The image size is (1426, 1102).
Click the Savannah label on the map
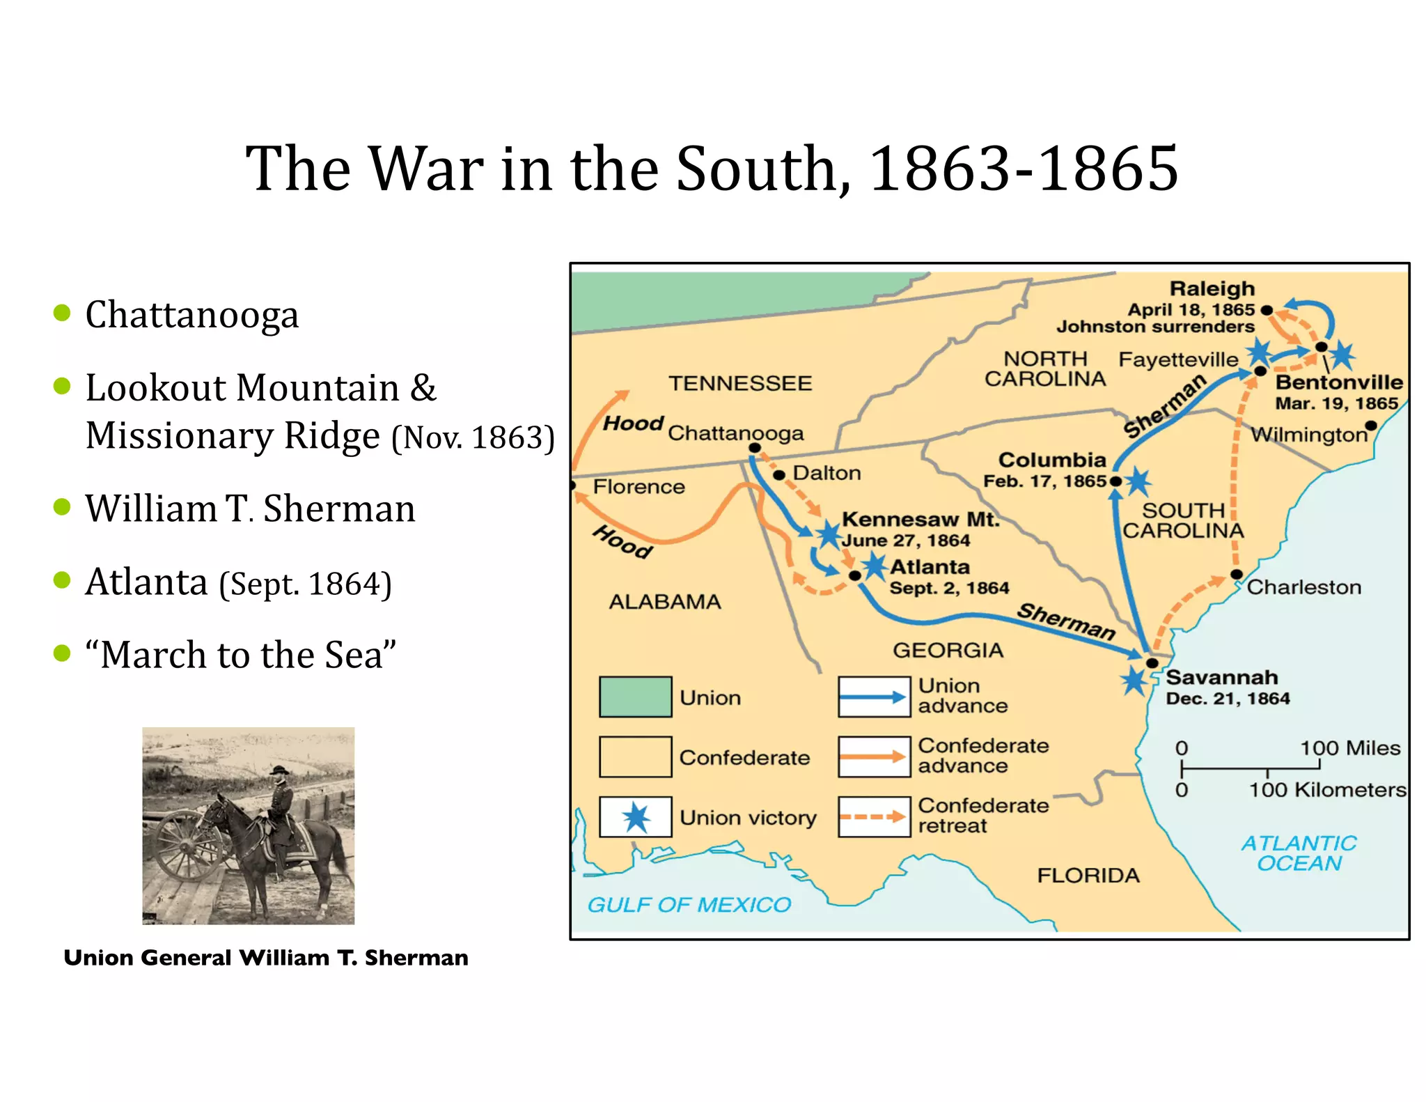1221,677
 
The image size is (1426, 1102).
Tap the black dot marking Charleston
1237,575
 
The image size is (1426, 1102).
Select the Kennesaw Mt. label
920,520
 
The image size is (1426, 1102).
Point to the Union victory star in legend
636,817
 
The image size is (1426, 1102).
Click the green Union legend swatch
636,697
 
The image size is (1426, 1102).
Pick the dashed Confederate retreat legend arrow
874,817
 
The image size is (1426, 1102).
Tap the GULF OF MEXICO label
689,905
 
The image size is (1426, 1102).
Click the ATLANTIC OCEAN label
1299,853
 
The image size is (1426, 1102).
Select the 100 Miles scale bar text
1349,748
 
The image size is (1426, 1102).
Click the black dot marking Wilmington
1370,426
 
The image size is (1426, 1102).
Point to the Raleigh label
1212,289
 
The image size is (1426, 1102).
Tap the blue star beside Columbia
1138,481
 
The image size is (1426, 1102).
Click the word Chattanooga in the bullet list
192,315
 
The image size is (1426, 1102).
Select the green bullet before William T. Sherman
62,506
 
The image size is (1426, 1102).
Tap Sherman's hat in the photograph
280,771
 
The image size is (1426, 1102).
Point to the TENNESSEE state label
740,383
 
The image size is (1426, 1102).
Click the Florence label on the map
638,487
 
